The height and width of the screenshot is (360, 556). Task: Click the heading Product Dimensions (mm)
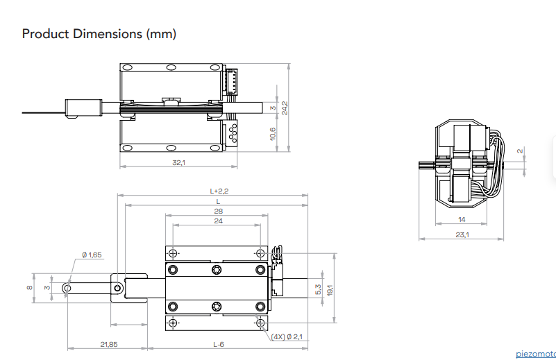click(x=99, y=34)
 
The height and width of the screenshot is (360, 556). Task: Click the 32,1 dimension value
click(x=178, y=162)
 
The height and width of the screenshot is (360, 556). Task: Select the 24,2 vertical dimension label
click(x=285, y=108)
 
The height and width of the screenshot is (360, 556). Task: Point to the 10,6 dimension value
click(x=272, y=134)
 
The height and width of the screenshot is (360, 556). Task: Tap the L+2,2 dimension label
click(x=219, y=191)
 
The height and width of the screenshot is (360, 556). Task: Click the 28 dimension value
click(x=219, y=211)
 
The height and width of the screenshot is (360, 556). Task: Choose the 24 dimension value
click(x=219, y=221)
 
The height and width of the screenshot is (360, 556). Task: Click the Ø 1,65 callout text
click(x=92, y=255)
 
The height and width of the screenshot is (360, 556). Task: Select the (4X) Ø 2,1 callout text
click(x=287, y=336)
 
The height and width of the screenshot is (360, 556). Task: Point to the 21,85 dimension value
click(x=109, y=344)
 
